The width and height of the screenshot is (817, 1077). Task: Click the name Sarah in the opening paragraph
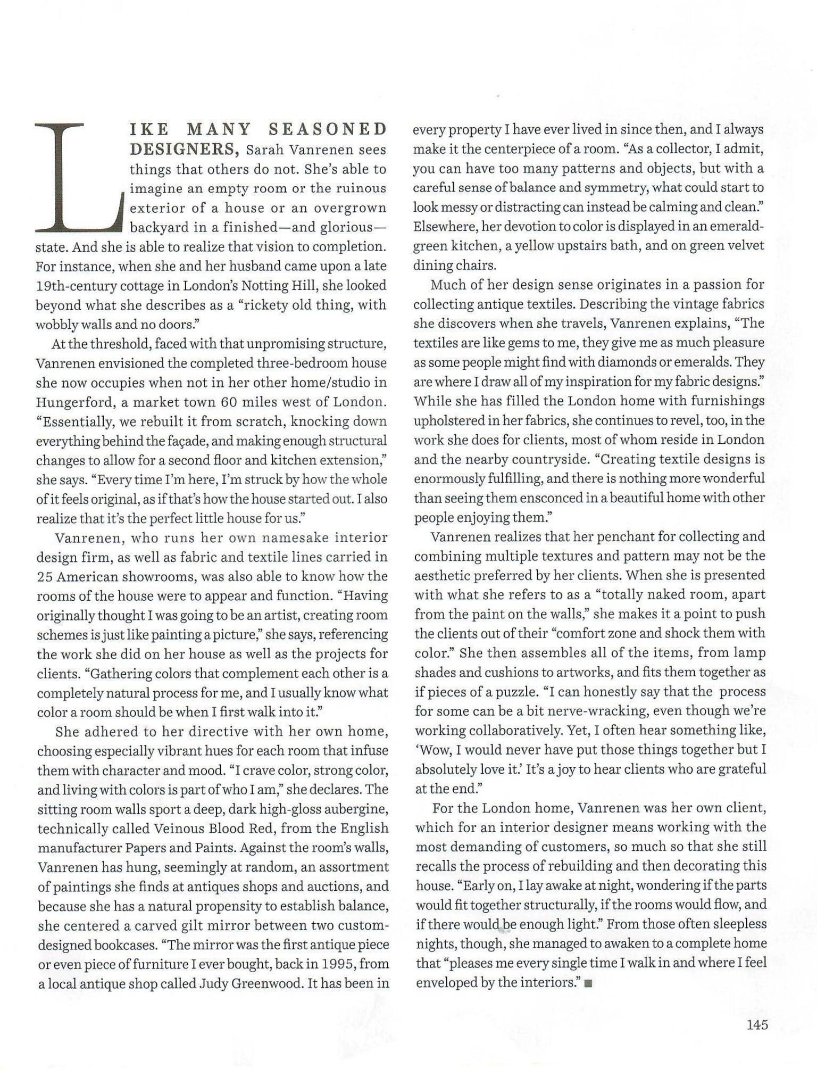(x=264, y=150)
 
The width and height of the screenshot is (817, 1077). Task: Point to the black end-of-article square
(x=588, y=984)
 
